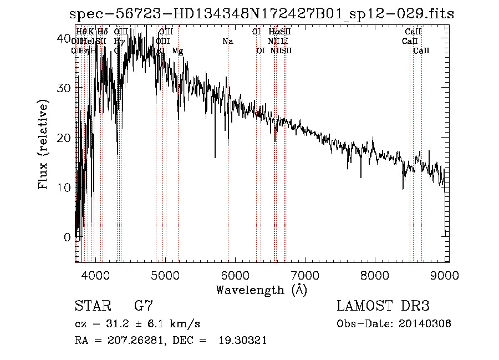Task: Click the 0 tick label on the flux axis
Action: click(67, 237)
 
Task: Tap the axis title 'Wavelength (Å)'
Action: click(261, 290)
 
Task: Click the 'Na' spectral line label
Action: click(228, 42)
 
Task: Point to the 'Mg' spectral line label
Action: click(177, 51)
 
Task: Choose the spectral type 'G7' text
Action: click(143, 306)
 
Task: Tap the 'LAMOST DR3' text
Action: click(383, 306)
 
